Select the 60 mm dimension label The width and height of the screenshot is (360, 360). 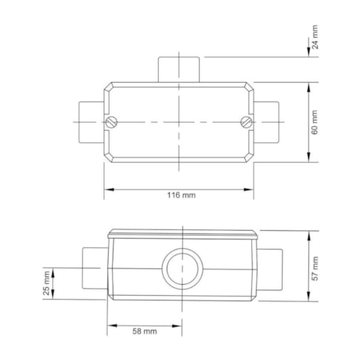pyautogui.click(x=315, y=122)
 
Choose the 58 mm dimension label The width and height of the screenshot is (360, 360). pyautogui.click(x=145, y=332)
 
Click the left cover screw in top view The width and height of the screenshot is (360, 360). pyautogui.click(x=112, y=121)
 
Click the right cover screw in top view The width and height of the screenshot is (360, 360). pyautogui.click(x=247, y=121)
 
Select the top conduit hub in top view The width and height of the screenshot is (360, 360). pyautogui.click(x=180, y=68)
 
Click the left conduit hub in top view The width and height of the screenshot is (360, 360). pyautogui.click(x=90, y=121)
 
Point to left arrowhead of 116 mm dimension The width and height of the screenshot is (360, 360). pyautogui.click(x=109, y=188)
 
